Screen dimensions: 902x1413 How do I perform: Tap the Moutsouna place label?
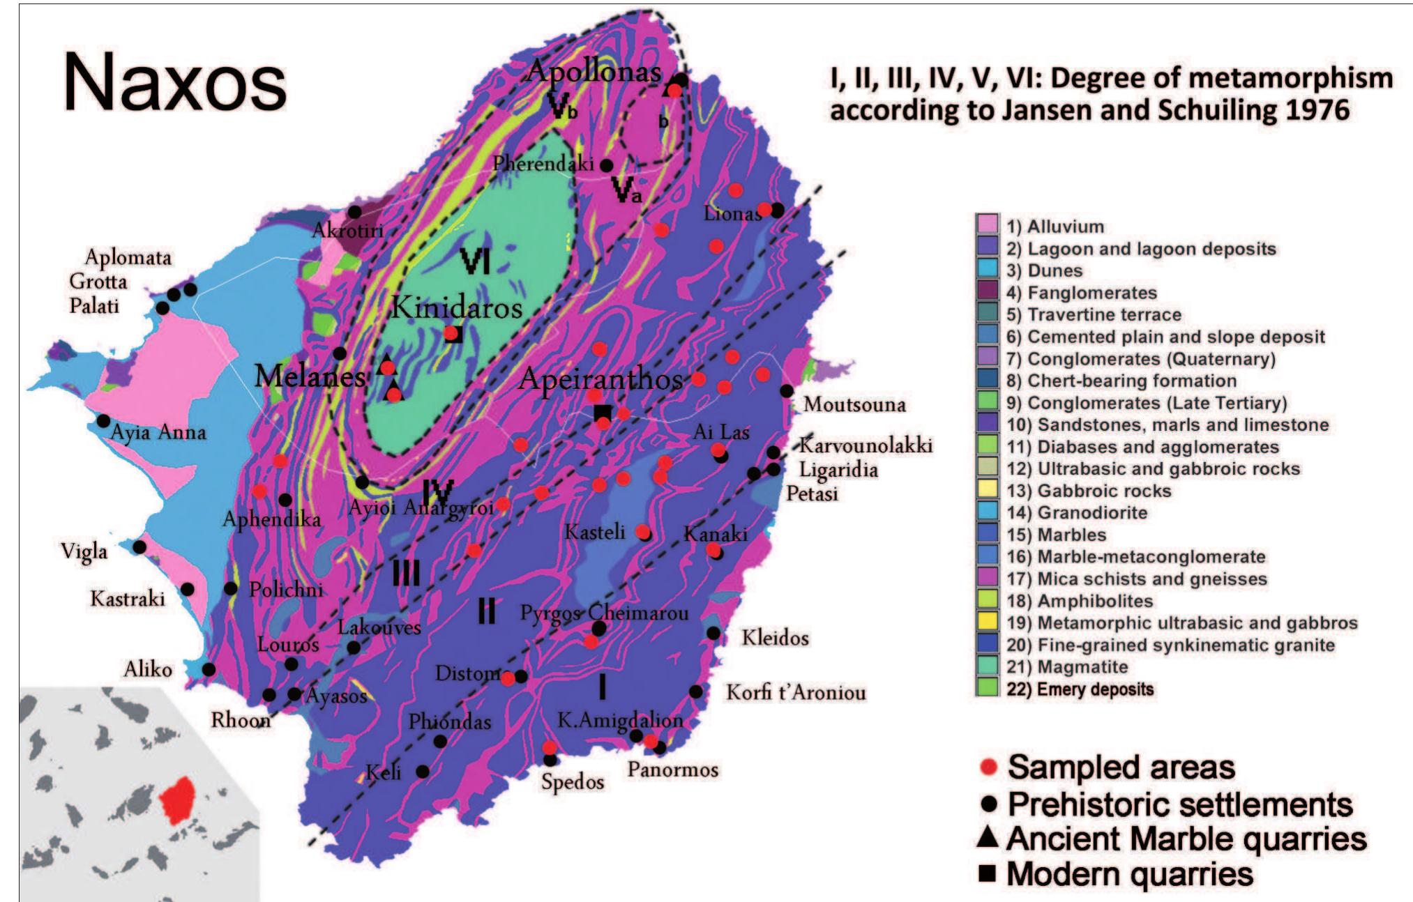click(x=854, y=404)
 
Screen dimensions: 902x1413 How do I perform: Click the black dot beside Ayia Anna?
click(x=103, y=421)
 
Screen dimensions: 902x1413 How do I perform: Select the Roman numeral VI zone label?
click(x=476, y=262)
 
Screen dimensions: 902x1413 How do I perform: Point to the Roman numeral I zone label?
click(x=602, y=687)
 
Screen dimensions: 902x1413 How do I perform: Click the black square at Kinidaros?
click(x=455, y=335)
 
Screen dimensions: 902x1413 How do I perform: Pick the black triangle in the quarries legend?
click(x=987, y=837)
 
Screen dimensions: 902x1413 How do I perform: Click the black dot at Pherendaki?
click(x=607, y=165)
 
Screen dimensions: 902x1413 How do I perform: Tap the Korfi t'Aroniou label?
click(x=796, y=693)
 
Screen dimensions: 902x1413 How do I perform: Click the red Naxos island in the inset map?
click(x=183, y=800)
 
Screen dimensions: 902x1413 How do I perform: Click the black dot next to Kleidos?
click(x=713, y=633)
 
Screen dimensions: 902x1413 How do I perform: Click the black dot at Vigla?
click(x=139, y=547)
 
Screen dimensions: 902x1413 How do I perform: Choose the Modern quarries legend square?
click(x=987, y=873)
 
